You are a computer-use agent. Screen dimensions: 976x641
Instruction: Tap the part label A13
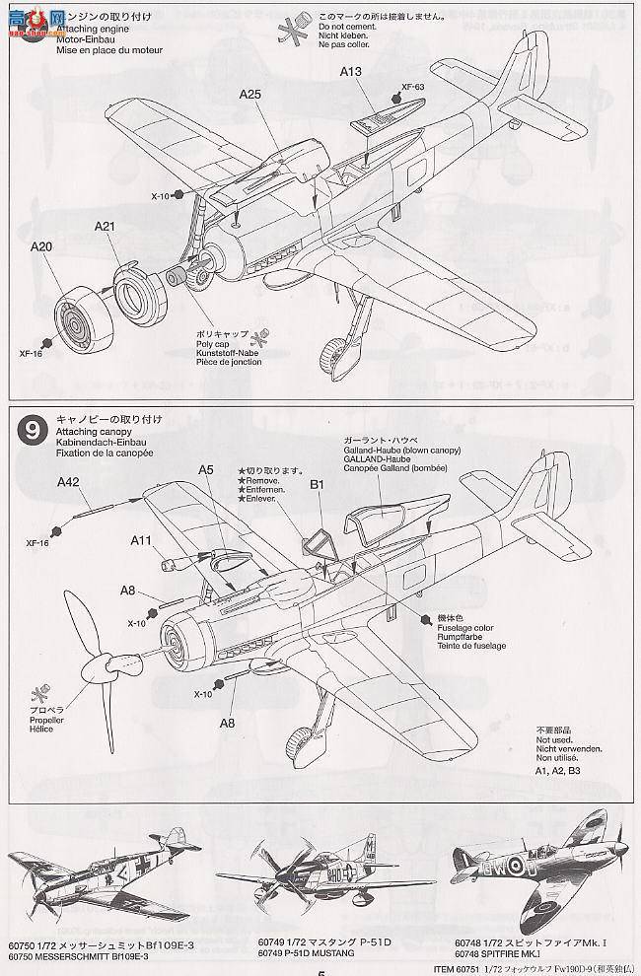tap(352, 71)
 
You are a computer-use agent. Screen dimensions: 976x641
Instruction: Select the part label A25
tap(250, 95)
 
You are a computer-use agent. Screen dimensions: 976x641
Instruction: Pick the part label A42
tap(68, 482)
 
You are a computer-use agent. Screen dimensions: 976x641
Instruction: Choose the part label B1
tap(318, 484)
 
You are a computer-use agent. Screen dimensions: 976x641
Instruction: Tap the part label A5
tap(205, 471)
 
